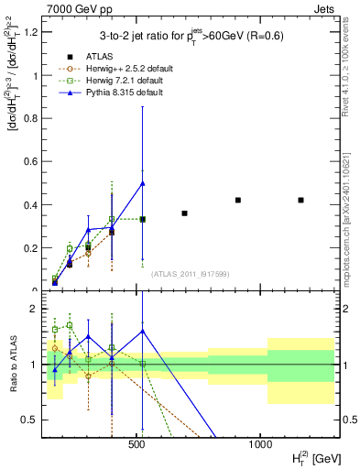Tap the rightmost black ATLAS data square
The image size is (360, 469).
pos(301,200)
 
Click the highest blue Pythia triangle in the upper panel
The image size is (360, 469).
pos(142,183)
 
